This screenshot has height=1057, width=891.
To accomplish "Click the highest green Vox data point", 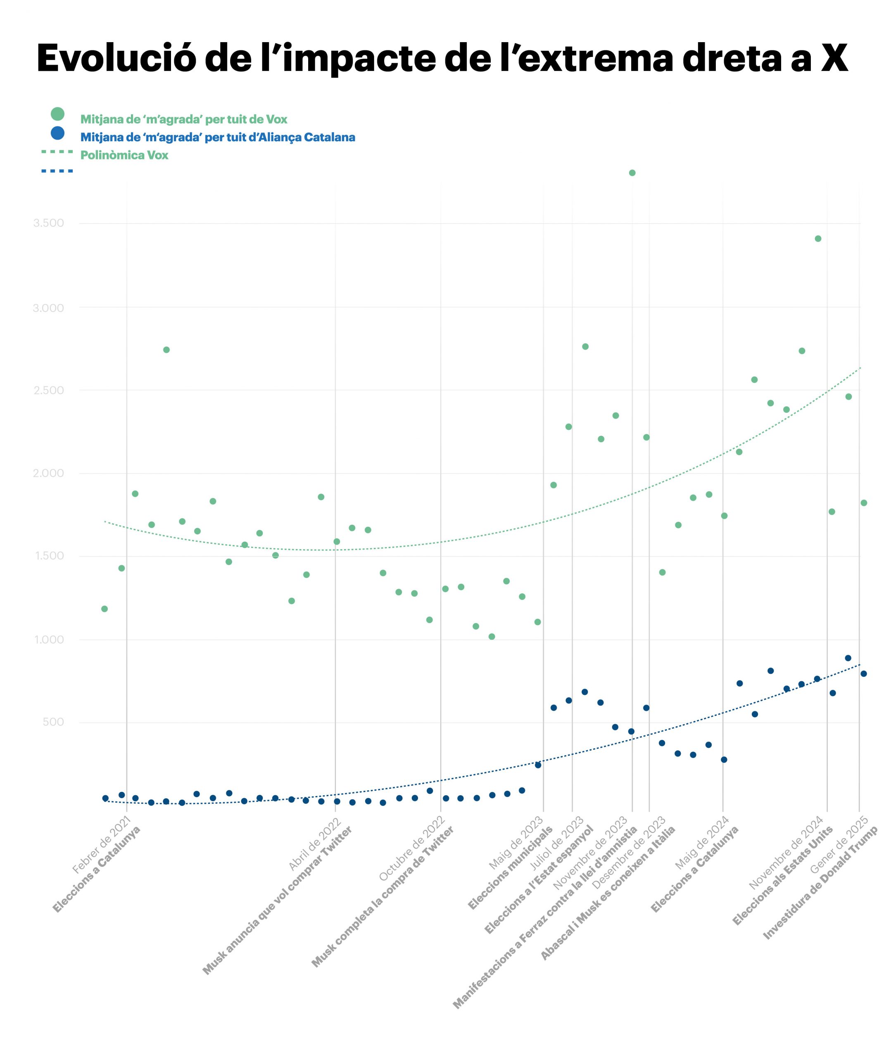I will [x=632, y=173].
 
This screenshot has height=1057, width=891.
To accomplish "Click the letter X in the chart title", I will [x=834, y=58].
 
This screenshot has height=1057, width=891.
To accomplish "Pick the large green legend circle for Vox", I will [x=57, y=114].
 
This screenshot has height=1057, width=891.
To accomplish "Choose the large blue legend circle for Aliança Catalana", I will [x=57, y=133].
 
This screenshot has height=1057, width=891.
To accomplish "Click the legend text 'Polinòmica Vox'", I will [x=124, y=155].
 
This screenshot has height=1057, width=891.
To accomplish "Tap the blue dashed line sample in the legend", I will [x=57, y=171].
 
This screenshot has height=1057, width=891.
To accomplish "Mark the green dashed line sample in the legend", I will [x=57, y=152].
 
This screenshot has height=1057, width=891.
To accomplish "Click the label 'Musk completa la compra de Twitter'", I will [x=383, y=896].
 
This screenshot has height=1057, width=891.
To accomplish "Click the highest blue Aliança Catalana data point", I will [x=848, y=658].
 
